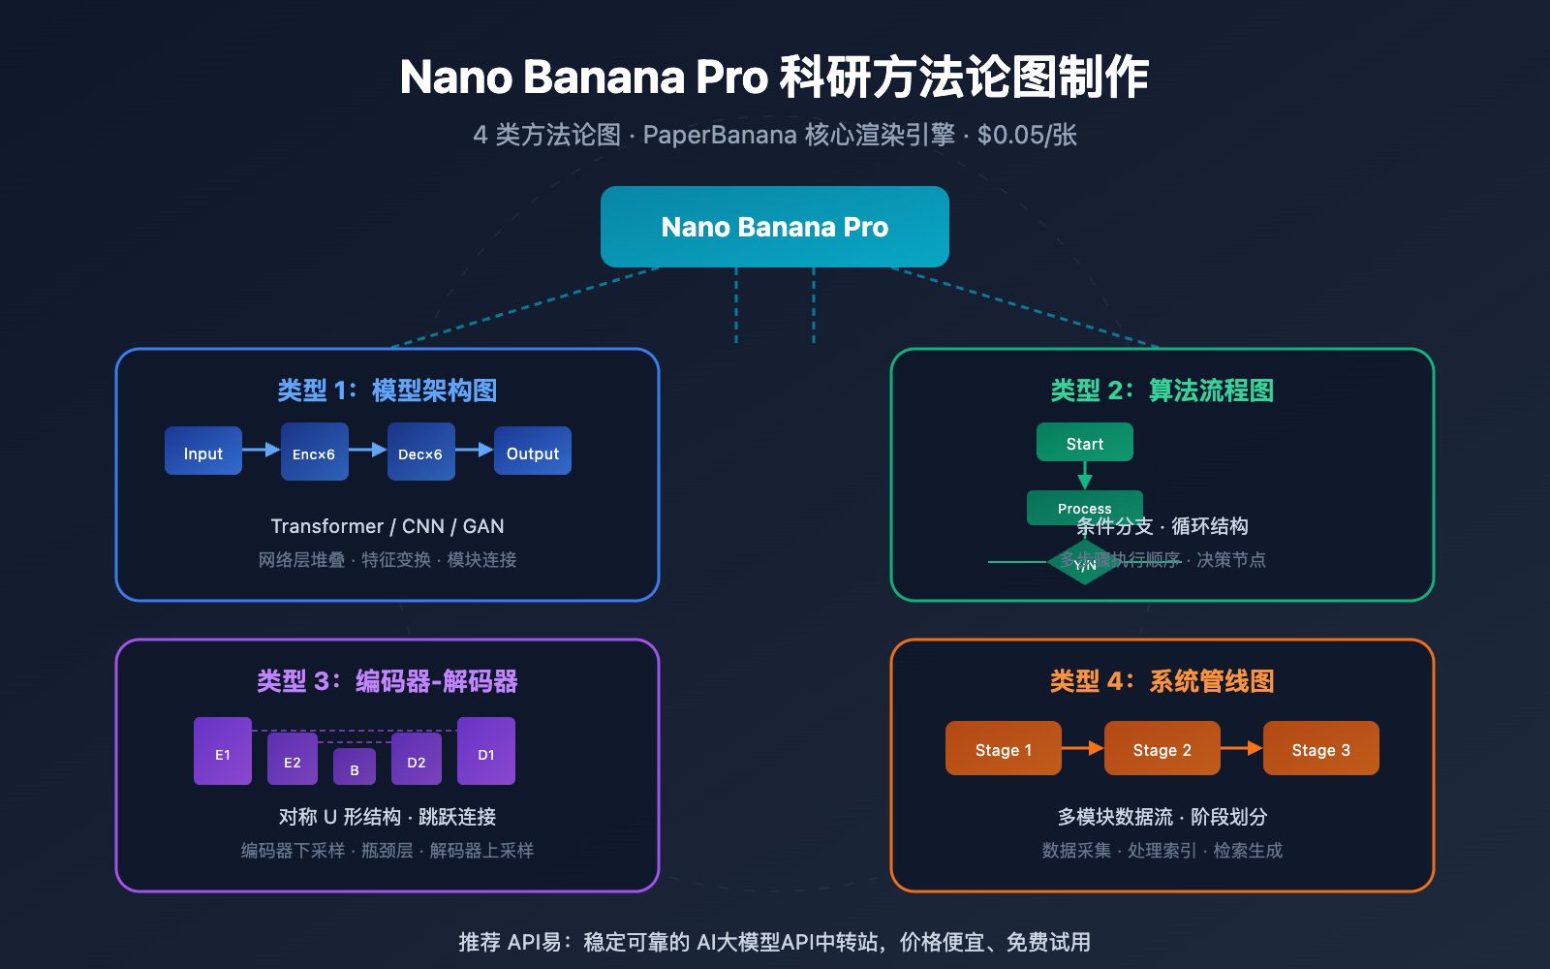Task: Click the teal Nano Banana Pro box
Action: [x=774, y=227]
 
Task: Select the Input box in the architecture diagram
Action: [x=203, y=451]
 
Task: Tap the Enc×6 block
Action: [x=314, y=452]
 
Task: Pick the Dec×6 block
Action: [x=420, y=452]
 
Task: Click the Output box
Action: [x=532, y=451]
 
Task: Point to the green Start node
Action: [x=1084, y=442]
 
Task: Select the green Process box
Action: [x=1084, y=505]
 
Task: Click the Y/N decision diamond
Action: [x=1084, y=565]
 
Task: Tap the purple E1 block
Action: [x=223, y=751]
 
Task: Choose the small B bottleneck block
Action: [x=355, y=766]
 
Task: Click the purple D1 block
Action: [x=485, y=751]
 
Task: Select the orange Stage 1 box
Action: [x=1003, y=748]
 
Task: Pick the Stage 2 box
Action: [x=1162, y=748]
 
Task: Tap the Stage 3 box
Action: [x=1320, y=748]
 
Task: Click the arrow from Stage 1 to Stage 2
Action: [x=1083, y=748]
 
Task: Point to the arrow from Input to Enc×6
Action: [x=261, y=450]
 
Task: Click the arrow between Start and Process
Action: [x=1085, y=476]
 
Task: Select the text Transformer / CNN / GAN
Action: [x=387, y=526]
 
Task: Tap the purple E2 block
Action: [x=292, y=759]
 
